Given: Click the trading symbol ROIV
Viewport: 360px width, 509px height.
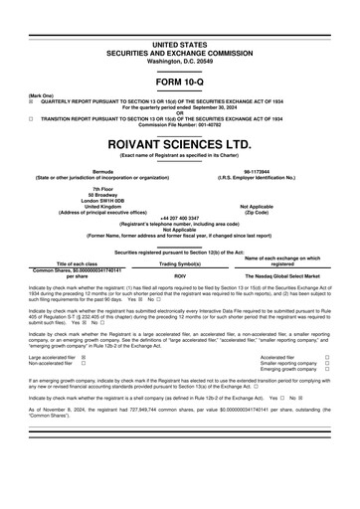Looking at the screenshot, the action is [x=181, y=275].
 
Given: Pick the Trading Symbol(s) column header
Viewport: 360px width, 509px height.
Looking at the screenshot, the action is [x=181, y=263].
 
